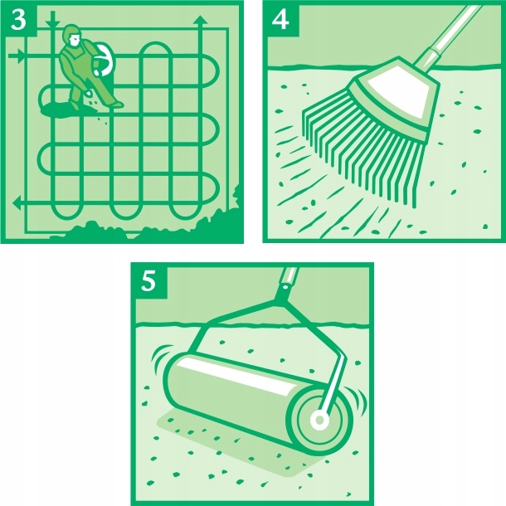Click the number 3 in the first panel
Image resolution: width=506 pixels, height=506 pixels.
(18, 20)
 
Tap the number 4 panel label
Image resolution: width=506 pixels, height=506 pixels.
(280, 20)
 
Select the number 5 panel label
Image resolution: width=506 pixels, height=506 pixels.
(148, 281)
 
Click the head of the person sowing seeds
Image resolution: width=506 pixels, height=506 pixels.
(72, 35)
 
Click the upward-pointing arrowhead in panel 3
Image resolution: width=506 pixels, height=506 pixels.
(201, 20)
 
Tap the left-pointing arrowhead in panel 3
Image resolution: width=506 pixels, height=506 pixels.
(17, 203)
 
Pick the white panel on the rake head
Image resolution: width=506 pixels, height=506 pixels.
(401, 92)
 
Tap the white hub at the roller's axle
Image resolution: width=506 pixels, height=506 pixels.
(319, 420)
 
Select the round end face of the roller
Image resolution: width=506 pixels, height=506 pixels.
(319, 420)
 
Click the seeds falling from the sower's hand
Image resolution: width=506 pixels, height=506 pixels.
(97, 106)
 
